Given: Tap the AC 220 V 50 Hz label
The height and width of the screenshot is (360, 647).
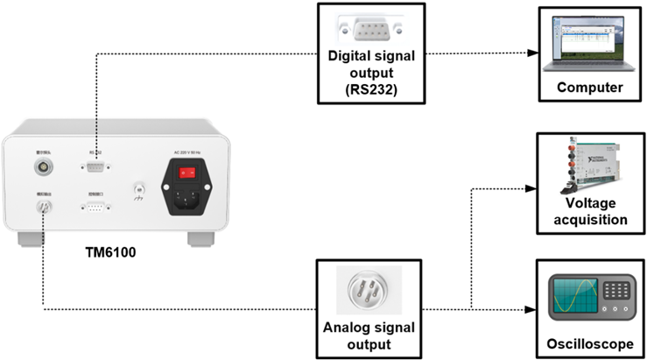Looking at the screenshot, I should [186, 153].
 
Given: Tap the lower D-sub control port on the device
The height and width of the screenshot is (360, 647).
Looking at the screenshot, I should [95, 209].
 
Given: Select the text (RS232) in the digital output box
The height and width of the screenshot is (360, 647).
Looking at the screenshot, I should [368, 89].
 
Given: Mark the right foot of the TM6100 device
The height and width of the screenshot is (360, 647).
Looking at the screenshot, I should [200, 237].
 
